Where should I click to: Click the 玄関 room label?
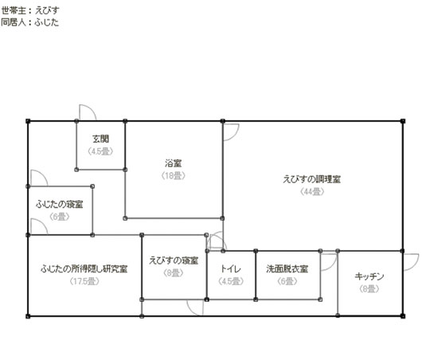(100, 139)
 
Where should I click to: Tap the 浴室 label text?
(173, 163)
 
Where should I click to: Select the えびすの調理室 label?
(312, 179)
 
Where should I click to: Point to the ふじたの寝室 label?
(59, 204)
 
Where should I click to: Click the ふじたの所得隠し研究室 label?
(84, 268)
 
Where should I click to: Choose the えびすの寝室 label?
(174, 260)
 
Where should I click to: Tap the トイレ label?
(231, 268)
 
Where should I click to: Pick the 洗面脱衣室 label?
(287, 268)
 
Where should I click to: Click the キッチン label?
(369, 276)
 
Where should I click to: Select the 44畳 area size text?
(312, 191)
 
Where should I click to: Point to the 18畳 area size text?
(173, 175)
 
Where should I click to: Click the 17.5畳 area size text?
(84, 281)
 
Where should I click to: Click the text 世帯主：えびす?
(30, 10)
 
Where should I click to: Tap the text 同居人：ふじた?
(30, 22)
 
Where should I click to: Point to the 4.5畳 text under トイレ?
(231, 281)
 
